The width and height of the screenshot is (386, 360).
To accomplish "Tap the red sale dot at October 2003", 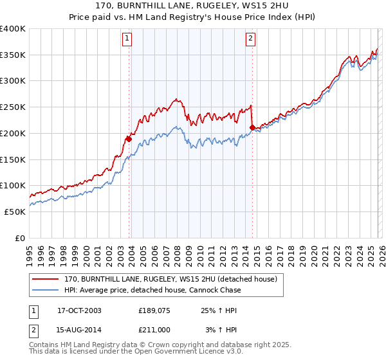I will point(129,138).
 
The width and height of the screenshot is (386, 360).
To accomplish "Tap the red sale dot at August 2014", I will point(252,127).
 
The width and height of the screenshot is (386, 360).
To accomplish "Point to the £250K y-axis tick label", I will point(13,107).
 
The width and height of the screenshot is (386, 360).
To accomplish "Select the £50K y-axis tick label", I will point(15,212).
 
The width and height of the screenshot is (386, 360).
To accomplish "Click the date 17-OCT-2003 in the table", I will point(79,310).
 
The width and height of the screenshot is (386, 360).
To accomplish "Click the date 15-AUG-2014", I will point(79,330).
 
